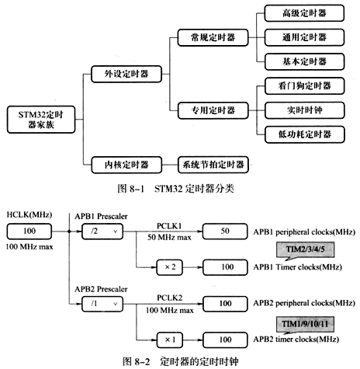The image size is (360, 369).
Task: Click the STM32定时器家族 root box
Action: [x=38, y=119]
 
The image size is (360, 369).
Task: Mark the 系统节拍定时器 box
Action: [x=213, y=164]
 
